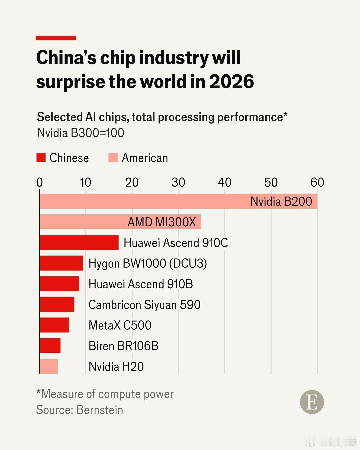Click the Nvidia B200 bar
178,201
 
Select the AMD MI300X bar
120,222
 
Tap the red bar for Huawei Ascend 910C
79,242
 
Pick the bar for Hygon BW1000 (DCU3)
61,263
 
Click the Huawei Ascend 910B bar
59,284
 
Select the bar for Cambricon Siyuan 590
57,304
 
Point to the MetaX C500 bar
54,325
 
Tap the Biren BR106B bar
50,346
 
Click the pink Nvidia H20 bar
49,366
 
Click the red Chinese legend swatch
41,158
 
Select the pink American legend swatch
113,158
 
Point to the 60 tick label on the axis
317,182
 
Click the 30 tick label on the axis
178,182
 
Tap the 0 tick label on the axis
40,182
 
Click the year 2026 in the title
232,82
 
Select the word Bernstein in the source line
100,410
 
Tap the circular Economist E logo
312,402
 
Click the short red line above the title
56,38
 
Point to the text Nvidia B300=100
81,133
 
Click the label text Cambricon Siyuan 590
144,305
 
